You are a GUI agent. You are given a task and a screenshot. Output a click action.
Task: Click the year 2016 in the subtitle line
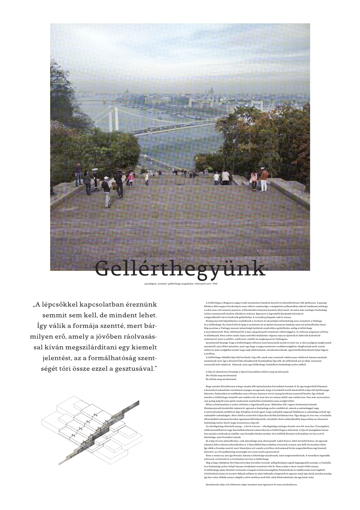coord(215,284)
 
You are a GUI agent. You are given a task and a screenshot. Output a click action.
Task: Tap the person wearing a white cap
coord(106,191)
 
